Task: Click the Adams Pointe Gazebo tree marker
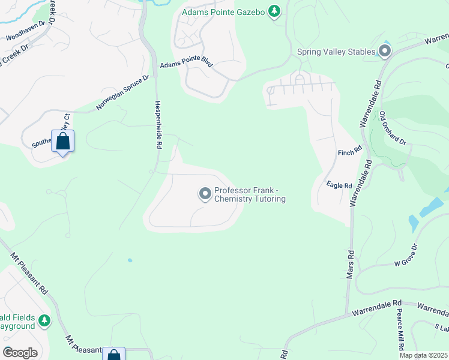tap(274, 11)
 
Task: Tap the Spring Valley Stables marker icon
tap(385, 52)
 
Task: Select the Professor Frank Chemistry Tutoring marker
tap(205, 194)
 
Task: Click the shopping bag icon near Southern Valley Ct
tap(62, 142)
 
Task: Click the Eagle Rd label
tap(339, 185)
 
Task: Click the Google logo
tap(20, 352)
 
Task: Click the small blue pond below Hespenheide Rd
tap(130, 260)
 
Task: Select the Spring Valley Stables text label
tap(336, 52)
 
